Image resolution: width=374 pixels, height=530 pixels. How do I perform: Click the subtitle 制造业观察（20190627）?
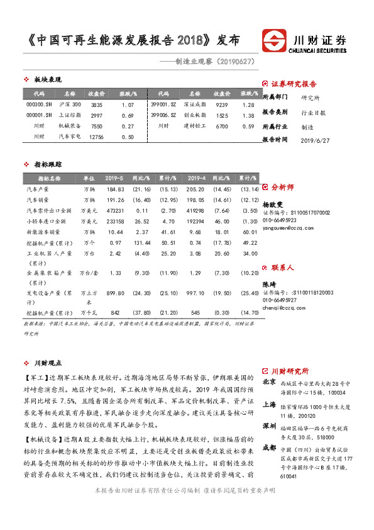[206, 62]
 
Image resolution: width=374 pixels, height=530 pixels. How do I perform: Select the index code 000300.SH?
[39, 104]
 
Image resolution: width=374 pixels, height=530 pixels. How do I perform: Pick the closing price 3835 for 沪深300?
[96, 104]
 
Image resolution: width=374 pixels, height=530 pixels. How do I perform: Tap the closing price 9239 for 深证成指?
[221, 104]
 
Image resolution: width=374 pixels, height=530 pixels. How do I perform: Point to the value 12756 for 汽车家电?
[96, 136]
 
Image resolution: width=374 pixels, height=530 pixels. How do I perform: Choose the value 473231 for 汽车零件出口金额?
[115, 210]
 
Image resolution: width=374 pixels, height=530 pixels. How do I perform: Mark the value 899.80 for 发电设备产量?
[116, 293]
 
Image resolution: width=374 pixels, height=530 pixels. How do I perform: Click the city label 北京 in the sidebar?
[268, 382]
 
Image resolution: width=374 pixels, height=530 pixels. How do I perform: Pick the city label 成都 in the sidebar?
[268, 448]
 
